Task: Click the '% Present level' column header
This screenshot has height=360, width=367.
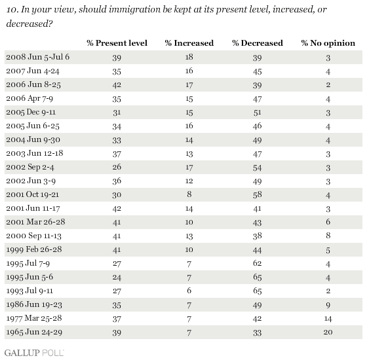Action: pyautogui.click(x=117, y=43)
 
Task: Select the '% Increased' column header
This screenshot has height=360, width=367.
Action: pyautogui.click(x=189, y=43)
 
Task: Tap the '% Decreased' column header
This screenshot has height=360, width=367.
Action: pyautogui.click(x=258, y=43)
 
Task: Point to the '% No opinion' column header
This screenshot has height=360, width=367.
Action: pyautogui.click(x=328, y=43)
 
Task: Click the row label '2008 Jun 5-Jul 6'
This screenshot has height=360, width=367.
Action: pyautogui.click(x=38, y=57)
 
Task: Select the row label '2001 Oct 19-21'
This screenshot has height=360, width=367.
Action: pyautogui.click(x=33, y=194)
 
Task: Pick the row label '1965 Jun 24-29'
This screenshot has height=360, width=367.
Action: pyautogui.click(x=34, y=332)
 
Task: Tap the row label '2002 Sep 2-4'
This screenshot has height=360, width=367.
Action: pyautogui.click(x=30, y=167)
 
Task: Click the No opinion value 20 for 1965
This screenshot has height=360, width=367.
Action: pyautogui.click(x=328, y=332)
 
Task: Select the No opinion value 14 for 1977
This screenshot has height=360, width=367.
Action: pyautogui.click(x=328, y=318)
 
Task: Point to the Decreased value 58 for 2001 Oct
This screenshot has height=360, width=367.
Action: pyautogui.click(x=257, y=194)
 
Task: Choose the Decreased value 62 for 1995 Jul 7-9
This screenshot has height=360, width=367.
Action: pyautogui.click(x=257, y=263)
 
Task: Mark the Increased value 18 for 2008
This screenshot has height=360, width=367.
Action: pyautogui.click(x=189, y=57)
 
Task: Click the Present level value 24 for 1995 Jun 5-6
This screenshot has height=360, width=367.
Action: pyautogui.click(x=117, y=277)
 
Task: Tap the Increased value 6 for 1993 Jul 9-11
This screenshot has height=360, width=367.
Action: pyautogui.click(x=189, y=291)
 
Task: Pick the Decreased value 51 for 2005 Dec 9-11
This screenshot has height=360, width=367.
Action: pyautogui.click(x=257, y=112)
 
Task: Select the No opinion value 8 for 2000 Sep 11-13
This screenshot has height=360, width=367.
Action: pyautogui.click(x=328, y=236)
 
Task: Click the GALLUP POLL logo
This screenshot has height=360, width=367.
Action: pyautogui.click(x=34, y=353)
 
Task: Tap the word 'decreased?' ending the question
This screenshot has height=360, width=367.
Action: pyautogui.click(x=29, y=24)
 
